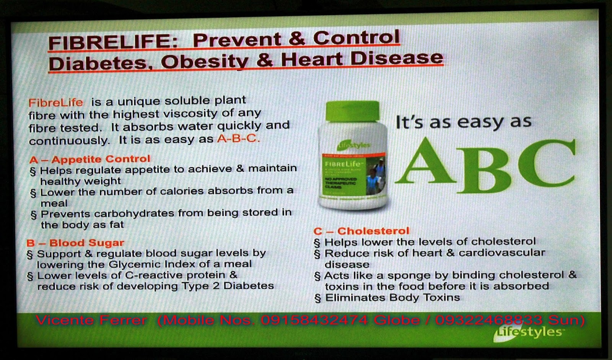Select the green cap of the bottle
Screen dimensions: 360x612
tap(352, 111)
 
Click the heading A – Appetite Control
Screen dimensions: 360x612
tap(90, 159)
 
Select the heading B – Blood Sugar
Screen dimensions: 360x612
tap(75, 243)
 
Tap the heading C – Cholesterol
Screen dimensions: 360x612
tap(361, 231)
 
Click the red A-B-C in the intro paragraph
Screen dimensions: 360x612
tap(238, 138)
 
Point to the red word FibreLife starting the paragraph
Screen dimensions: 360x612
tap(56, 103)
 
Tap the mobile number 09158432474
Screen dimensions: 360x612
tap(314, 320)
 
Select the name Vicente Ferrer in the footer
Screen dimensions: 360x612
tap(91, 320)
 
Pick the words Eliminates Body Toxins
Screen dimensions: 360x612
tap(392, 298)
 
